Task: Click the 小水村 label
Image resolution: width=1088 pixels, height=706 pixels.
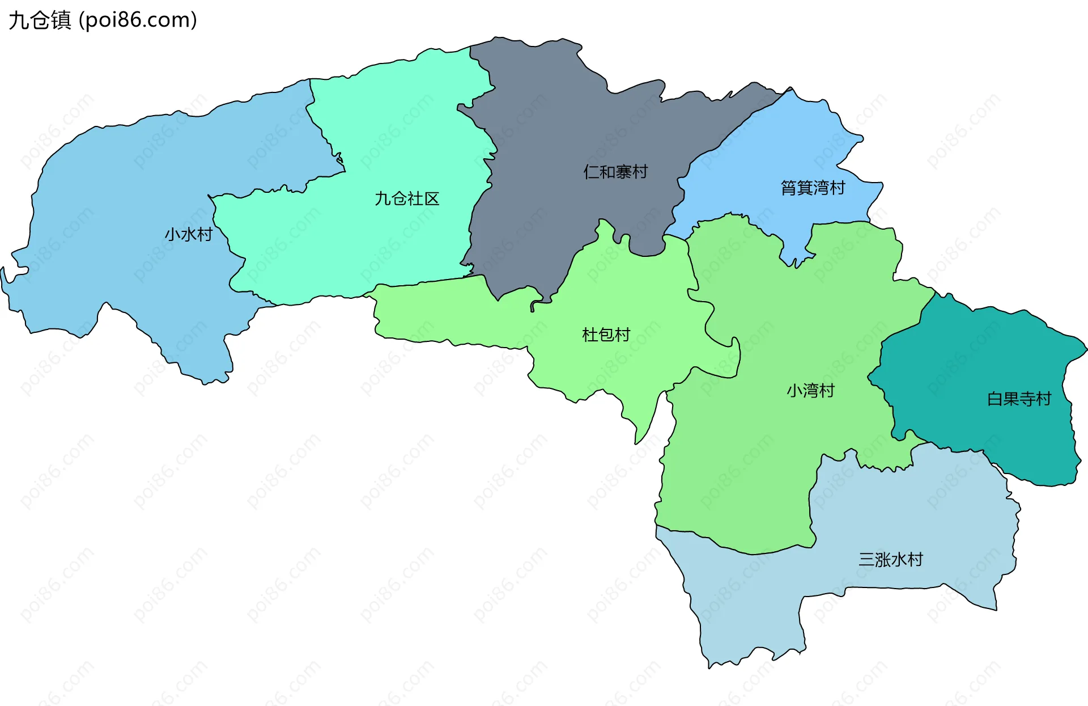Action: (188, 234)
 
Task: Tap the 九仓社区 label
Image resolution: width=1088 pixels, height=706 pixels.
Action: (407, 198)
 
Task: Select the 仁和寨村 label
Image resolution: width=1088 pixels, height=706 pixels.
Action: (615, 172)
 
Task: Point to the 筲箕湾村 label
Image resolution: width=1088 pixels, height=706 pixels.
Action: (813, 188)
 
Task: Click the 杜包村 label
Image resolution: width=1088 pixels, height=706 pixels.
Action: (606, 335)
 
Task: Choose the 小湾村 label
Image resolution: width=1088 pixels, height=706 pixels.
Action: (810, 391)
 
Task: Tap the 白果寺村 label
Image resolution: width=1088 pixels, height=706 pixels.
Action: (1019, 399)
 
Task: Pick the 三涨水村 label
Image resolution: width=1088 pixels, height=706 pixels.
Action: (891, 560)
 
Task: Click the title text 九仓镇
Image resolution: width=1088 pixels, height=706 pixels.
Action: (40, 20)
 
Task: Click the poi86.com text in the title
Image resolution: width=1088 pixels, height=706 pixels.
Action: (138, 20)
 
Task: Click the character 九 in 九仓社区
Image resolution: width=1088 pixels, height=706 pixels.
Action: (382, 198)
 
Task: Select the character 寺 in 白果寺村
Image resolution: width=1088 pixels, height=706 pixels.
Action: (1027, 399)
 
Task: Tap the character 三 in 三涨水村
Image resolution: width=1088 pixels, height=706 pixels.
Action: (866, 560)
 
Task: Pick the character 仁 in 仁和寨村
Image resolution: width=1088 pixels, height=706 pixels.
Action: (591, 172)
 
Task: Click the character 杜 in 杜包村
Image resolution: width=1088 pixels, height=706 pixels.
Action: (590, 335)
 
